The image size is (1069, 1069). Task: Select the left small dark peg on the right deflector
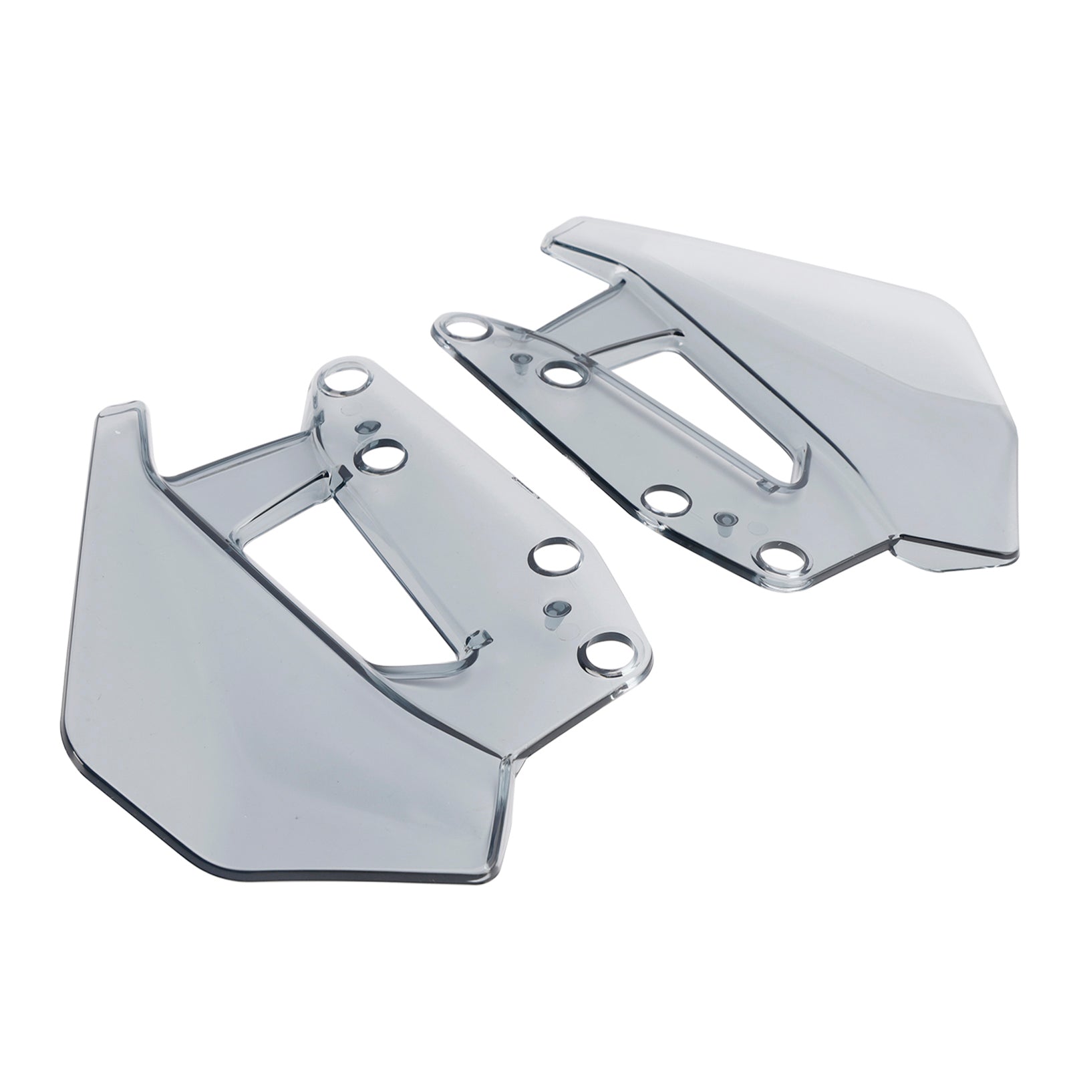coord(518,361)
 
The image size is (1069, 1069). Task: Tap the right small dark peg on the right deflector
coord(724,518)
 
